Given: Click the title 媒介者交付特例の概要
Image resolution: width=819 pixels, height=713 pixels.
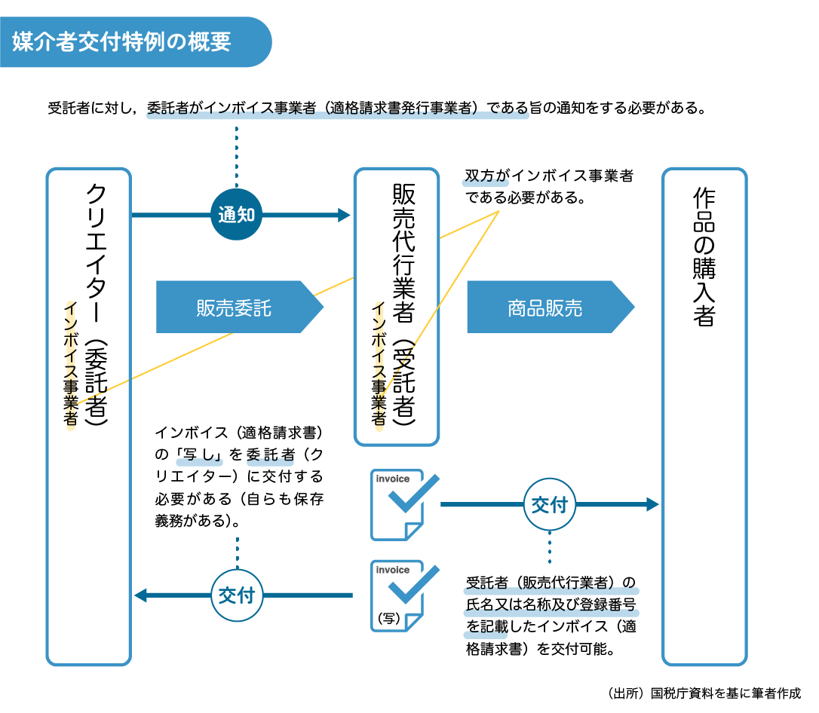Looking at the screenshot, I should coord(121,41).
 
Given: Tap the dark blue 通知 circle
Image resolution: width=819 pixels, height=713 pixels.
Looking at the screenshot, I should coord(236,215).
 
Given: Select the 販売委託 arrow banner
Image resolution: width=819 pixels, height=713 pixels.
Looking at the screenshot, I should coord(234,308).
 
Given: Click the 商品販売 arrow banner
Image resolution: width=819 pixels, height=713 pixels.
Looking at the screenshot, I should coord(544,308).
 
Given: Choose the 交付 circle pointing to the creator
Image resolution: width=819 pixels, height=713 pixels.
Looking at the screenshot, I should coord(236,595).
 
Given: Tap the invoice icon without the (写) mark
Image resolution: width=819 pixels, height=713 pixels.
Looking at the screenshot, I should coord(400,504).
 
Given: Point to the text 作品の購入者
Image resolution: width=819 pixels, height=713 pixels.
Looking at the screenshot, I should coord(704,256).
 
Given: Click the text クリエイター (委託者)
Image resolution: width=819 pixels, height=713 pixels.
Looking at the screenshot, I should coord(97,305).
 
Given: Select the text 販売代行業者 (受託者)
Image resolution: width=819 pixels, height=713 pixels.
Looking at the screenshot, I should coord(403,305).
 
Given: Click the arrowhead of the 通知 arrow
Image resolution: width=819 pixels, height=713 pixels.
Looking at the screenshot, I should coord(345,215).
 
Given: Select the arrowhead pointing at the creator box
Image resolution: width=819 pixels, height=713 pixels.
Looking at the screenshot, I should coord(140,595).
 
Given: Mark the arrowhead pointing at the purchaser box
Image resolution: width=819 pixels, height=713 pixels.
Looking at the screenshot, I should coord(653,504).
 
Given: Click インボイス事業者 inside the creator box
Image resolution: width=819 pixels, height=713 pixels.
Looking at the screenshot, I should coord(71,364).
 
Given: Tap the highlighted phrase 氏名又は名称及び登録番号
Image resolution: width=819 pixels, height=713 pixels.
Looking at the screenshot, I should coord(551,606).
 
